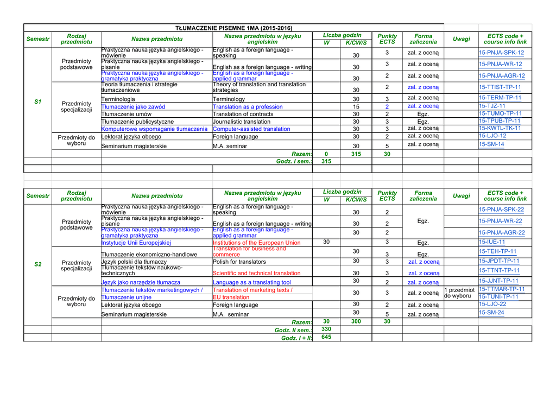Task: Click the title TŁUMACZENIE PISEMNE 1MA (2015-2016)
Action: [233, 28]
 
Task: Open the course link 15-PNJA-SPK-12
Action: [501, 53]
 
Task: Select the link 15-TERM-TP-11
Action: [500, 98]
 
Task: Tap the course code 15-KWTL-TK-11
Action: [500, 129]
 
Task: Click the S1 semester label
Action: [37, 102]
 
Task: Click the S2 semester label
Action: [37, 264]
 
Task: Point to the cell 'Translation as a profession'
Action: [248, 107]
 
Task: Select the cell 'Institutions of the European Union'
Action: [256, 243]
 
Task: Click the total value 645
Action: [326, 338]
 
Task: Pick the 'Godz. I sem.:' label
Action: [294, 162]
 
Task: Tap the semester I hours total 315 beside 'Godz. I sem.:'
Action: [326, 162]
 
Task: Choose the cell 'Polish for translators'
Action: [241, 262]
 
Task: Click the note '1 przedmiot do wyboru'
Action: [460, 293]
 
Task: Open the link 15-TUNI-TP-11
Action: [498, 297]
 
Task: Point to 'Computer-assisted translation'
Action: [251, 129]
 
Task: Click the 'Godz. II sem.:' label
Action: [294, 330]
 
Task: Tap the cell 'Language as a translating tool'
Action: [251, 282]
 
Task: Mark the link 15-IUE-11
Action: [492, 242]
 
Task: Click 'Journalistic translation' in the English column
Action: [241, 122]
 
